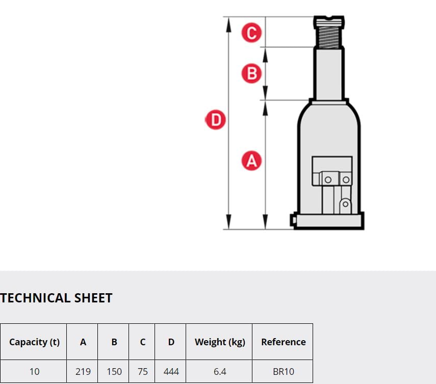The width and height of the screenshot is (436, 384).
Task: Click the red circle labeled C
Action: [x=251, y=33]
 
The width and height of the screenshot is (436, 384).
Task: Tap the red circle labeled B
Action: [x=251, y=73]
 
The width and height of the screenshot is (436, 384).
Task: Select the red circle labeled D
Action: [x=216, y=120]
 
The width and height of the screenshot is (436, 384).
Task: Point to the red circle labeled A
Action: [x=251, y=161]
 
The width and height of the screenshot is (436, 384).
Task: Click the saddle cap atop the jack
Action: [x=329, y=22]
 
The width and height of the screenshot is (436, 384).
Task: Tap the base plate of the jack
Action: [x=329, y=221]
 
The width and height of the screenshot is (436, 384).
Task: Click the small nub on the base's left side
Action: [x=293, y=220]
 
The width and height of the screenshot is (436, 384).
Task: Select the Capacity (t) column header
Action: [x=35, y=342]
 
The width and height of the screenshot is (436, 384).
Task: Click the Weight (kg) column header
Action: [x=220, y=342]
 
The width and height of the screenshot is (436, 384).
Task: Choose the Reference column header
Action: [x=284, y=342]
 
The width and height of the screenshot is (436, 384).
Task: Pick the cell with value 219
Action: [x=83, y=371]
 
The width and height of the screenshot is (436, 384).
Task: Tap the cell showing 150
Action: [x=114, y=371]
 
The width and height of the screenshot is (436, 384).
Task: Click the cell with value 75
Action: [x=142, y=371]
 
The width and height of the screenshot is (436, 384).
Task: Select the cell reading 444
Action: [x=171, y=371]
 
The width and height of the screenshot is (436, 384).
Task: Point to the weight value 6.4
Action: [x=220, y=371]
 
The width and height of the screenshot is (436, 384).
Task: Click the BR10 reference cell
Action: [x=284, y=371]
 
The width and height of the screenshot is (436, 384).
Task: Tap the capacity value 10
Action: [x=35, y=371]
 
